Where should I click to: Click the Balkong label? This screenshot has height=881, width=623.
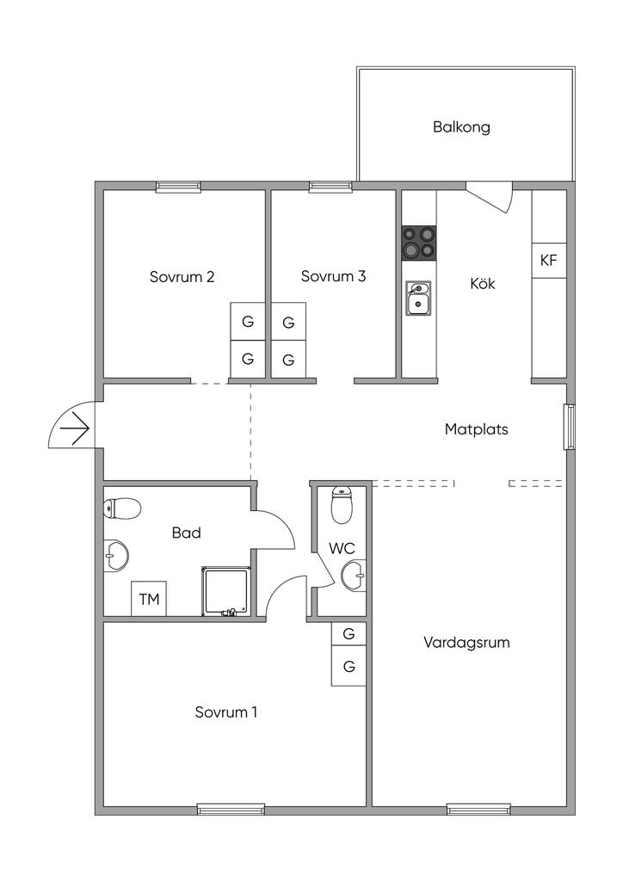point(461,127)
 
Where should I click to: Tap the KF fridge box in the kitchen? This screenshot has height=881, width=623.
point(549,260)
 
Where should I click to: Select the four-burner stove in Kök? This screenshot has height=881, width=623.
point(418,243)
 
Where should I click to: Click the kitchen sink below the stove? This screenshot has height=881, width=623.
point(418,299)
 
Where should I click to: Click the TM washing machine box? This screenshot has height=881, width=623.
point(149,599)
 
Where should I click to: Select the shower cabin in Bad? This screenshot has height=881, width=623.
point(225,592)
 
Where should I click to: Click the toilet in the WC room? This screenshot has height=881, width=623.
point(342,505)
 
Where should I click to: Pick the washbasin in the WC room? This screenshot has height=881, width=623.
point(354,576)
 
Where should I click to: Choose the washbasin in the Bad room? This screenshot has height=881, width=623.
point(116,557)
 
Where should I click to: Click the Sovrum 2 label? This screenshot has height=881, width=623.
point(182,277)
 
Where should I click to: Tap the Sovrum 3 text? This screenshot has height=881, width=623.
point(333,276)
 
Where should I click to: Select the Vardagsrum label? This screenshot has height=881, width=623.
point(467,643)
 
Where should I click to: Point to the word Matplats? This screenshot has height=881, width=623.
point(477,429)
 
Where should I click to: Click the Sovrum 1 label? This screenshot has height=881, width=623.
point(225,712)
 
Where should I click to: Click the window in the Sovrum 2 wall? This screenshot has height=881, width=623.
point(178,187)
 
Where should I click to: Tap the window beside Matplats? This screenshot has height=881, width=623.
point(570,427)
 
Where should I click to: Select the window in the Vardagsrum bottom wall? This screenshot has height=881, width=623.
point(478,810)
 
